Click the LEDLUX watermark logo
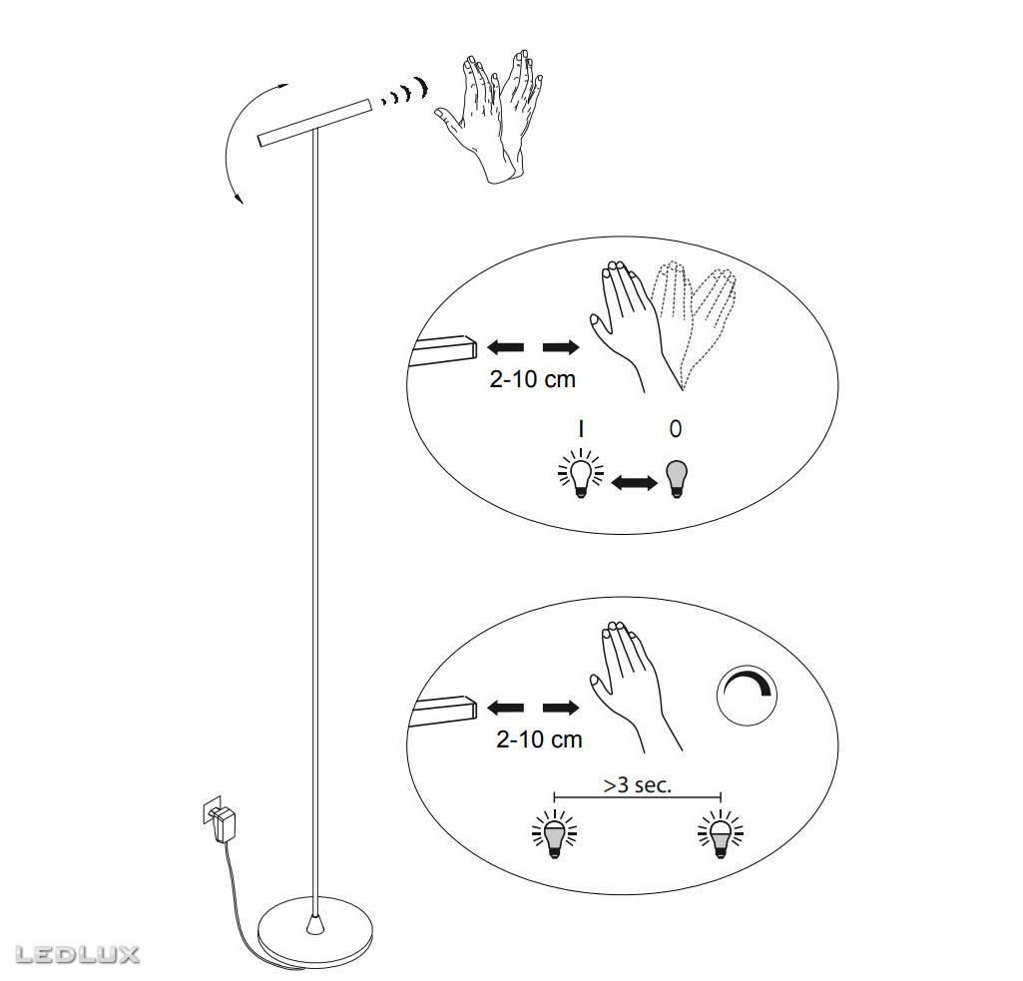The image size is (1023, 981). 77,955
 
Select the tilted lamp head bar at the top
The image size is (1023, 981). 314,122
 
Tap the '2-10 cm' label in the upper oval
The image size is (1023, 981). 532,379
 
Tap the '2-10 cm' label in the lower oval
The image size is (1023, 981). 539,739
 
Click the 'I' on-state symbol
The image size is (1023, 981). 581,428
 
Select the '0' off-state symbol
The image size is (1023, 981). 676,428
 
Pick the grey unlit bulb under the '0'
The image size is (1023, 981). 677,479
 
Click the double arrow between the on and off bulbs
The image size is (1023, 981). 634,483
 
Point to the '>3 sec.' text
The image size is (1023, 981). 638,784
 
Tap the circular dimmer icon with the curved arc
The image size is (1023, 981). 748,696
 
